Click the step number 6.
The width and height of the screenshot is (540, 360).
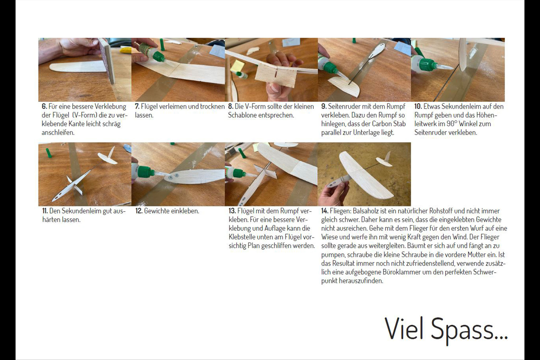coord(44,107)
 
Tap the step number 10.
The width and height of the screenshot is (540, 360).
coord(418,107)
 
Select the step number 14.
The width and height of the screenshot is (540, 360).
coord(325,211)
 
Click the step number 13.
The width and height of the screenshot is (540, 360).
coord(232,211)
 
